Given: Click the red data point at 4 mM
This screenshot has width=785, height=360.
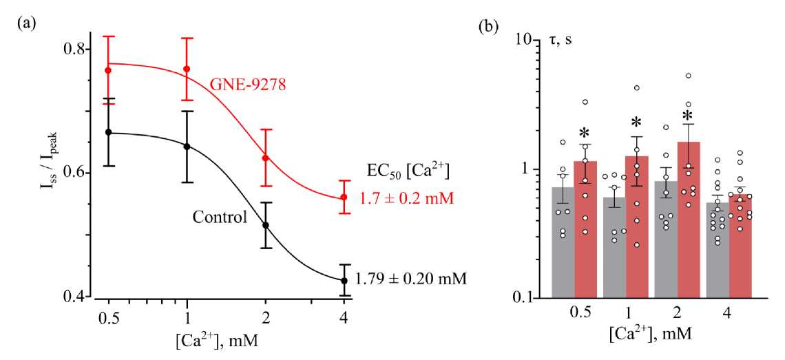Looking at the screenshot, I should [x=344, y=198].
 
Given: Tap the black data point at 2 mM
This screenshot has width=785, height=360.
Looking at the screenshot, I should [x=265, y=225].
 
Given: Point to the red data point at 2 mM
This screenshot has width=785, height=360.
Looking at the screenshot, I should [x=265, y=158].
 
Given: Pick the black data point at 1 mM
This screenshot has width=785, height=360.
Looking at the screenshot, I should [x=187, y=146].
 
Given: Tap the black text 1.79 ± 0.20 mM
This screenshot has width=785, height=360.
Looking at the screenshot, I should [x=411, y=279].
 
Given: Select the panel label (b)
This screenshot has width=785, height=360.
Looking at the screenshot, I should [x=489, y=28].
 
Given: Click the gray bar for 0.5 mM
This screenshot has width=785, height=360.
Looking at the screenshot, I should [x=563, y=242].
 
